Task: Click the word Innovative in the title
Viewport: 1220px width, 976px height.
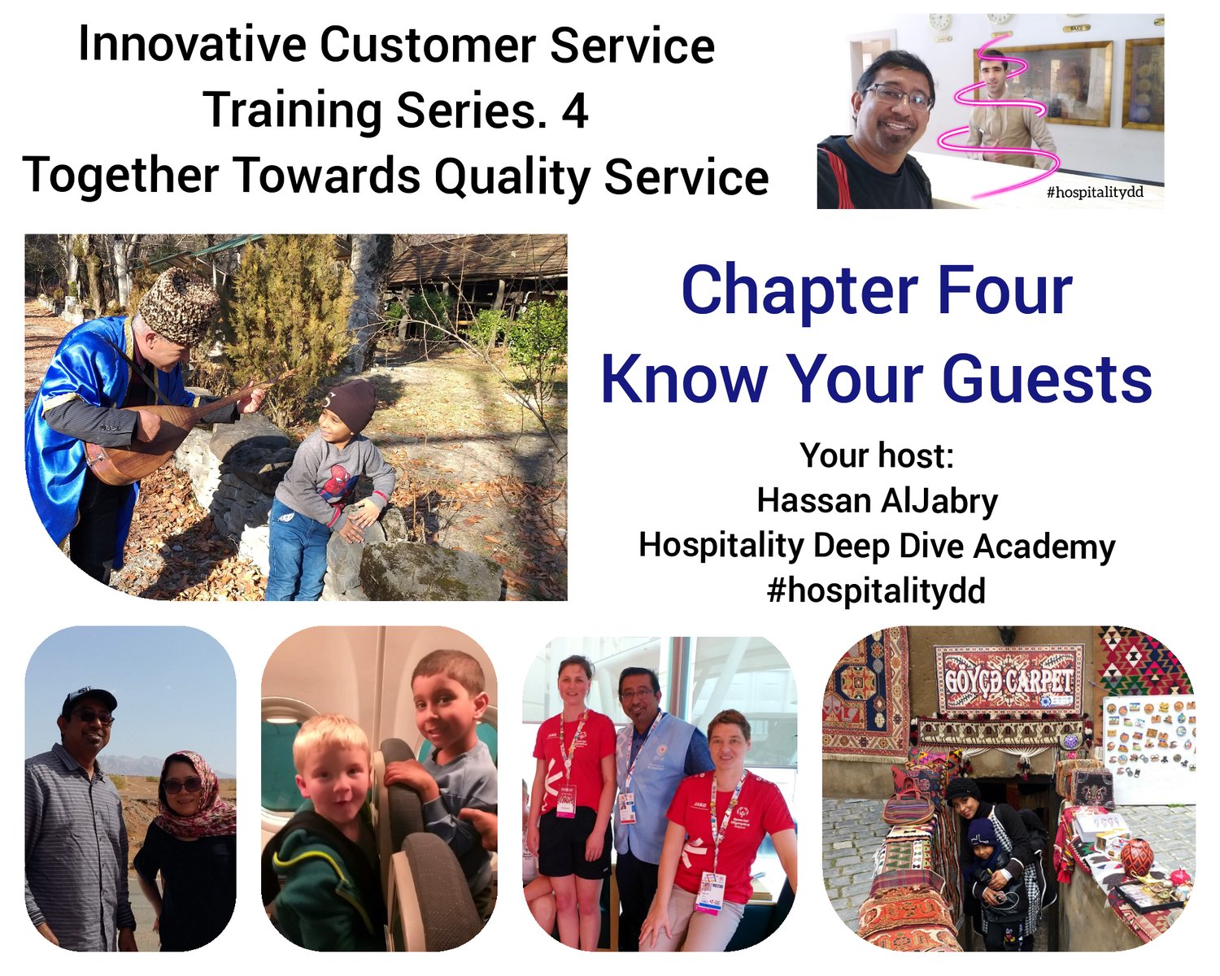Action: pyautogui.click(x=193, y=45)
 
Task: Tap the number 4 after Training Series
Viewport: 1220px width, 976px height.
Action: pyautogui.click(x=574, y=111)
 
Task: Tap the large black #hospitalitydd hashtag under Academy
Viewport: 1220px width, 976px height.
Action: pyautogui.click(x=876, y=591)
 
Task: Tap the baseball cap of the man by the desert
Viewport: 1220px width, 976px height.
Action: pyautogui.click(x=89, y=702)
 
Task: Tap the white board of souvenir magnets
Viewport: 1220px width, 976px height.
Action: pyautogui.click(x=1148, y=743)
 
